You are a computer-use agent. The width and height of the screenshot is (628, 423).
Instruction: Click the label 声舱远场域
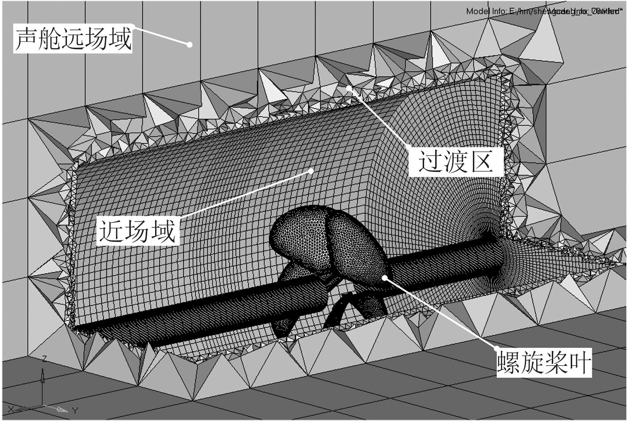tap(74, 39)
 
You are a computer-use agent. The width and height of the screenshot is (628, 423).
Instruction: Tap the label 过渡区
tap(456, 161)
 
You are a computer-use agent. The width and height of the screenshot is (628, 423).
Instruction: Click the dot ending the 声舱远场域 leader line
tap(189, 44)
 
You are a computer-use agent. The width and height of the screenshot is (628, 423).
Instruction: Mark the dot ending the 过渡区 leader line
tap(349, 88)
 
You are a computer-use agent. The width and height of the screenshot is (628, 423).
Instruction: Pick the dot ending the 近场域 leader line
tap(311, 171)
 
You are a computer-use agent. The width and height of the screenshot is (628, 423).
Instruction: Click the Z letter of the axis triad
tap(44, 358)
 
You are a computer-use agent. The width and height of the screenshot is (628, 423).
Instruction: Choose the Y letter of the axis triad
tap(75, 411)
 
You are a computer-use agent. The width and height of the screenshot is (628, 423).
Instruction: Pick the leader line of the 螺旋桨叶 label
tap(441, 312)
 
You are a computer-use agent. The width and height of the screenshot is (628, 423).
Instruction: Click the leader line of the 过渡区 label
tap(378, 117)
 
